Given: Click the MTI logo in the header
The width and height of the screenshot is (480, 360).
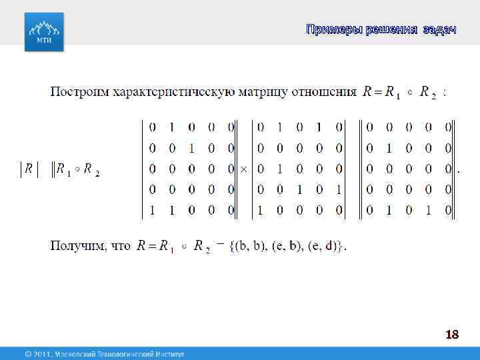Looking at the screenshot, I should pos(45,32).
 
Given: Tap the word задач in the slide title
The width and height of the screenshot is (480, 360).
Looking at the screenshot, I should pos(440,29).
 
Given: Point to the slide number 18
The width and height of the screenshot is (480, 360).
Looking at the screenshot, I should pos(452,334).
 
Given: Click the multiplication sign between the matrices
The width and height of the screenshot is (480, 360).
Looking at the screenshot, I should pos(244,169).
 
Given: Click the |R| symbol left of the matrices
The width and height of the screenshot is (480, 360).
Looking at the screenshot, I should pos(28,169).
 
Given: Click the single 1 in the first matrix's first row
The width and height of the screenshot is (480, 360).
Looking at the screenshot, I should pos(172,127).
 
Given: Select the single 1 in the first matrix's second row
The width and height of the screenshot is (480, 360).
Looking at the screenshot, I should pos(192,148).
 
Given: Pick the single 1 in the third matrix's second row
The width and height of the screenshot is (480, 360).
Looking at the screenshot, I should pos(389,148).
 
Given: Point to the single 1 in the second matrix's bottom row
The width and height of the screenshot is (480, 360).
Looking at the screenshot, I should pos(260,211).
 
